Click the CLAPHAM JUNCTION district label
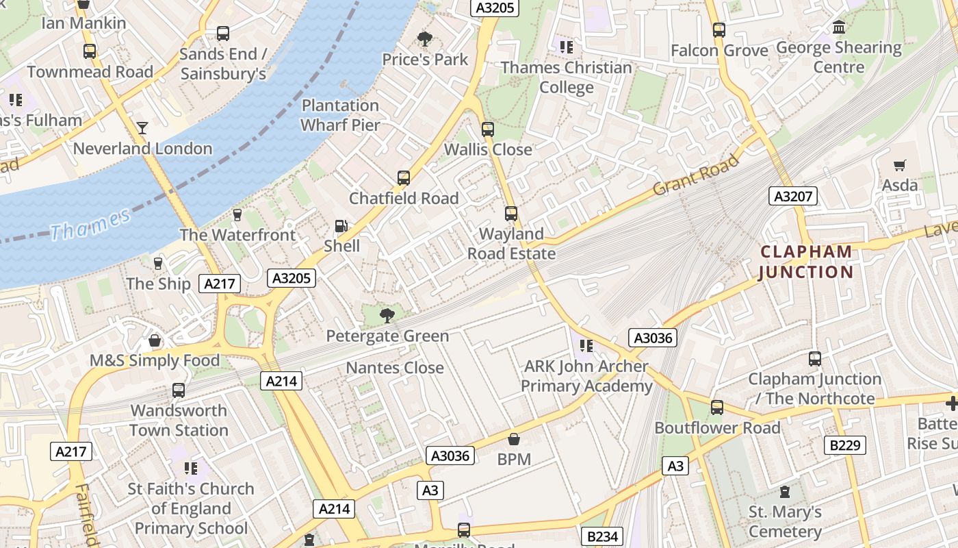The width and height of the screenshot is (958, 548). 806,262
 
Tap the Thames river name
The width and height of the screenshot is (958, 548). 90,224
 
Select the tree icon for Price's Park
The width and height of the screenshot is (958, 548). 425,39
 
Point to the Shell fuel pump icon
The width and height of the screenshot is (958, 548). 341,226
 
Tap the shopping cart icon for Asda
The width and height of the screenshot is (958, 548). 899,165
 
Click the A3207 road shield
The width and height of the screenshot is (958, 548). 793,197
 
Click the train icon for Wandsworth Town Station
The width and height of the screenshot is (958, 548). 179,390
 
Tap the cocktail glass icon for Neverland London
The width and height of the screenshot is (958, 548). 142,128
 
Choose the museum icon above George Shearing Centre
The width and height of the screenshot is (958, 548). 839,27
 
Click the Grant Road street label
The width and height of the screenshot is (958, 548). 696,175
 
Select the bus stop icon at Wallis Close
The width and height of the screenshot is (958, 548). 488,129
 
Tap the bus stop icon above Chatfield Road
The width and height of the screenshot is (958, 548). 404,178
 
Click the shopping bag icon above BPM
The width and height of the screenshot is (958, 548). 514,439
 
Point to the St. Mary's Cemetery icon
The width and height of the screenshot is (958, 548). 785,492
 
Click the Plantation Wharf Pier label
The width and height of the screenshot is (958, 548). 340,115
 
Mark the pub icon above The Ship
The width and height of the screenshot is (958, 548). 158,264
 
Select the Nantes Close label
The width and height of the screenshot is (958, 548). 395,368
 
